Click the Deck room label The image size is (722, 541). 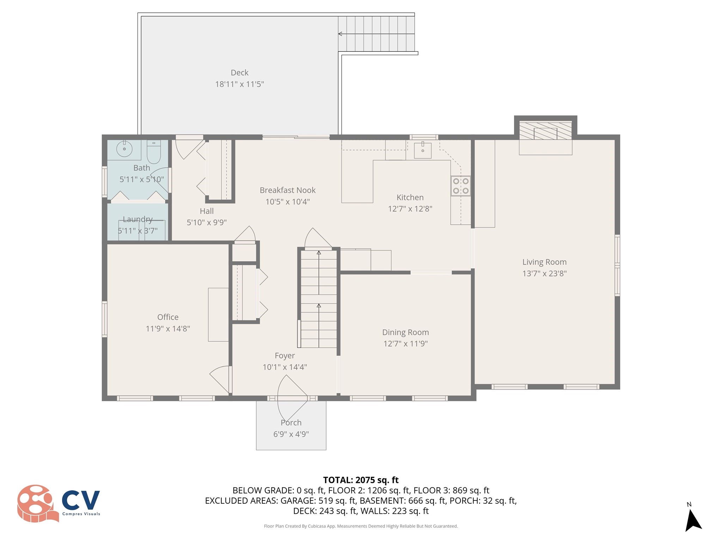239,73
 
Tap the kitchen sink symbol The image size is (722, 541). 422,150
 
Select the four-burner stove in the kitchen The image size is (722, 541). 461,186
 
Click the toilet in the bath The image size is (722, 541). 154,151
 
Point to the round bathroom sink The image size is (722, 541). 124,149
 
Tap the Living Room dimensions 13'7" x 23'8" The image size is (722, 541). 544,273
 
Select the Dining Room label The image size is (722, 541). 405,332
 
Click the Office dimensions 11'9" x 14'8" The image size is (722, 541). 168,329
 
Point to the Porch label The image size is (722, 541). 291,422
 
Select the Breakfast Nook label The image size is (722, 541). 288,190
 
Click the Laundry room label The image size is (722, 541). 137,219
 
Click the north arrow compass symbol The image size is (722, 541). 692,520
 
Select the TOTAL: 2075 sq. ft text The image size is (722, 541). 361,480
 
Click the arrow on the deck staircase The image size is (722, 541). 340,34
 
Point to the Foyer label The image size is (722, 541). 284,355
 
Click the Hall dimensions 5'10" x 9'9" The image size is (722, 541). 207,222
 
